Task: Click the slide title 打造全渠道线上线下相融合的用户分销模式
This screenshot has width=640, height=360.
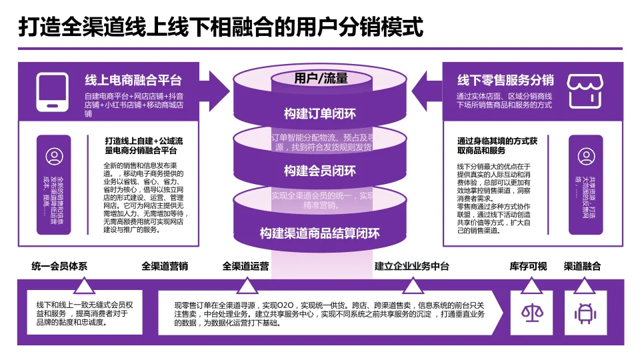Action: point(220,28)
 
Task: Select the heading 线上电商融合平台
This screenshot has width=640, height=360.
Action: point(133,81)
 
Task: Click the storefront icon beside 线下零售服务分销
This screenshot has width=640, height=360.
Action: point(586,91)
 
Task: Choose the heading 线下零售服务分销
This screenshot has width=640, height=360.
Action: point(505,81)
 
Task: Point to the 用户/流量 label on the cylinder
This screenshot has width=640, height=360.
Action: point(321,79)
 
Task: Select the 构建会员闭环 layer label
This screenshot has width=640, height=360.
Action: point(320,171)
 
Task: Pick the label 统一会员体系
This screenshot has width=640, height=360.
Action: point(59,267)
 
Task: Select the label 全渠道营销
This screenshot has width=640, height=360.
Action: point(165,267)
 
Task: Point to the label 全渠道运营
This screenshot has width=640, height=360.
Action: point(246,267)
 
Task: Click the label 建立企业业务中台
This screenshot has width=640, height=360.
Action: point(412,267)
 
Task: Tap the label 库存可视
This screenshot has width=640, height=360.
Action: point(528,267)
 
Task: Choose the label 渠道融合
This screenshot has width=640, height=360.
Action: point(582,267)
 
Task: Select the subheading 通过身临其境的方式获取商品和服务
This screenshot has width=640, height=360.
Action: point(497,146)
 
